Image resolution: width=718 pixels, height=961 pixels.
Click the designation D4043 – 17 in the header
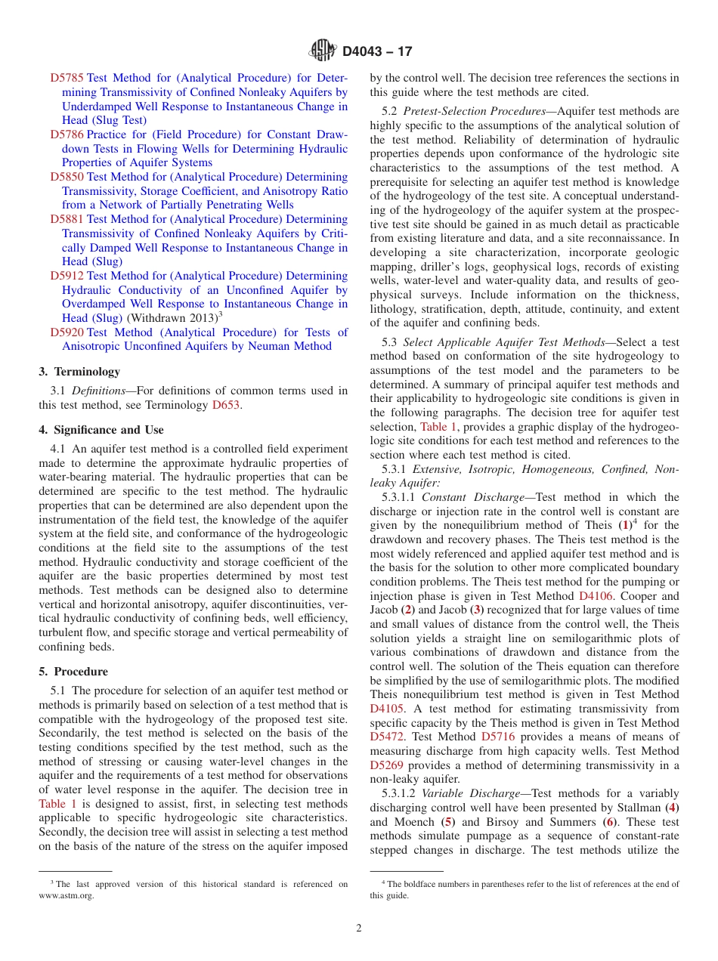377,52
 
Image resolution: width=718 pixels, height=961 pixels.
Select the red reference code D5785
67,78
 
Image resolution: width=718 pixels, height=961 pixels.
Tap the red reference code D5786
67,134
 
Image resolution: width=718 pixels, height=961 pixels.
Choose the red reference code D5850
67,177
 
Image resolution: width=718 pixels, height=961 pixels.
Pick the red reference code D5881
67,220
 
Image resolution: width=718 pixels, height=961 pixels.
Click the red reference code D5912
67,277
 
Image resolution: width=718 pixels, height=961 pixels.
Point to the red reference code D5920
67,332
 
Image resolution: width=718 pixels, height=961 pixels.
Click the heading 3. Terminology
79,372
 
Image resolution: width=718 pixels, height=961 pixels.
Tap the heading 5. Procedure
73,672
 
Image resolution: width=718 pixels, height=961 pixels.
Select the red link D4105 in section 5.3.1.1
387,709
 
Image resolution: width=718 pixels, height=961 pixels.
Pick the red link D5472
387,737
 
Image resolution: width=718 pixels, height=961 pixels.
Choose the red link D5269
387,765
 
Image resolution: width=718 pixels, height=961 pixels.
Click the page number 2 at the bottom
359,929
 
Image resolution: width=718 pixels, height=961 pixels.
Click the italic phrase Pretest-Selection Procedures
475,111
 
